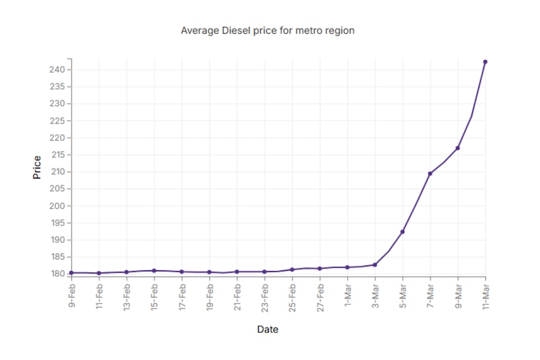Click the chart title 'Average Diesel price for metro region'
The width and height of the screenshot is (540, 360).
click(x=267, y=30)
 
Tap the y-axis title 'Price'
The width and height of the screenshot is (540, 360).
click(x=36, y=167)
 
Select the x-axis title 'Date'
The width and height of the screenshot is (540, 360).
click(x=267, y=329)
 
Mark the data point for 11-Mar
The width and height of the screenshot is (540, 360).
click(x=485, y=62)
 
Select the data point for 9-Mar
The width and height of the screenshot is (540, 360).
click(x=457, y=148)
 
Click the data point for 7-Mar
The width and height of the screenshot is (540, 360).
click(x=430, y=173)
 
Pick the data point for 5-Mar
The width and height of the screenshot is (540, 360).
click(x=402, y=232)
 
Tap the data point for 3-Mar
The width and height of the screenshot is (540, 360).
click(x=375, y=265)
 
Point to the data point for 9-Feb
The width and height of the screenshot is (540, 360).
click(x=71, y=273)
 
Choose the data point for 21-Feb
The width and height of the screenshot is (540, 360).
click(x=237, y=272)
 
